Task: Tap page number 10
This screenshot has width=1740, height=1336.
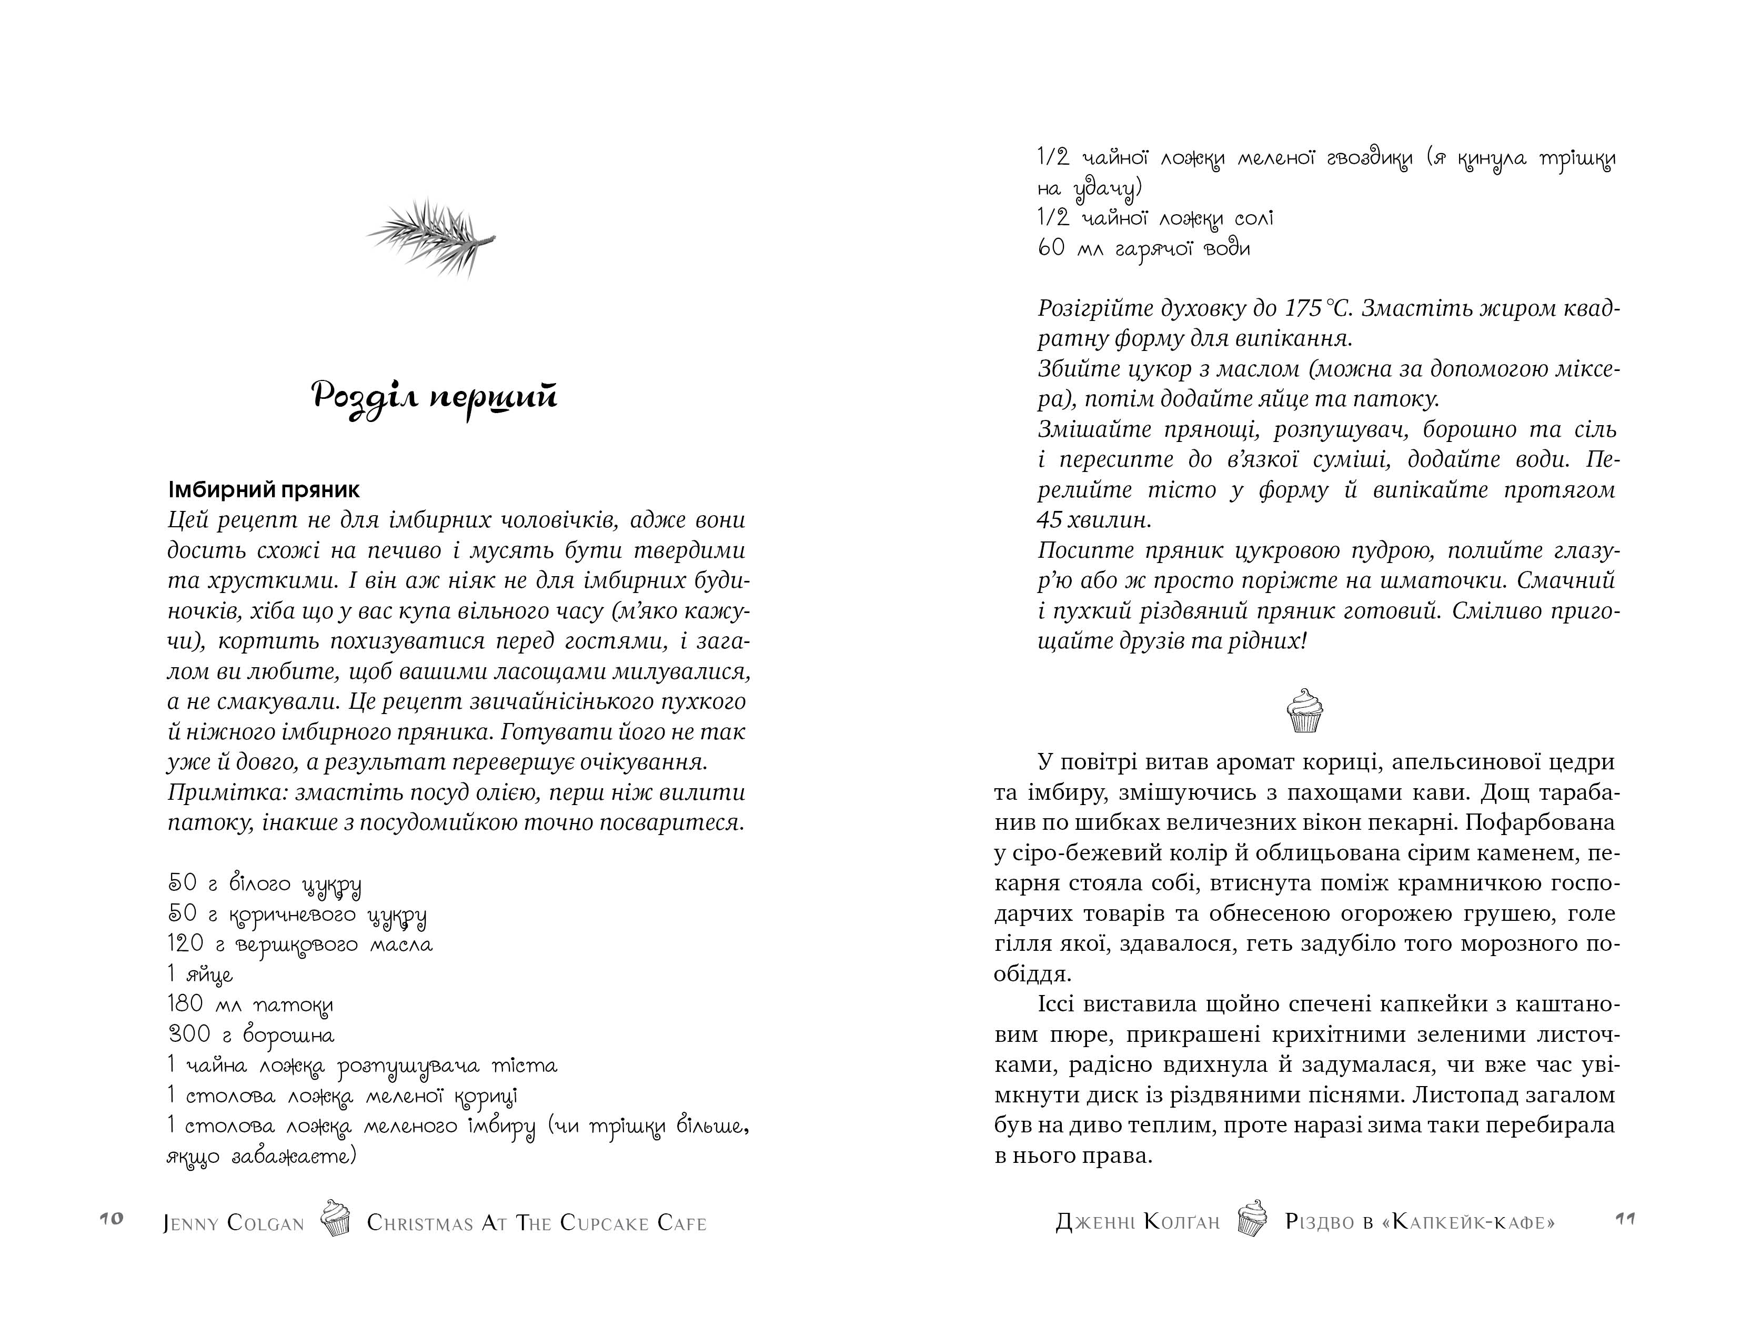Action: pyautogui.click(x=112, y=1219)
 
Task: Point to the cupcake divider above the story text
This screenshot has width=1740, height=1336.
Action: pyautogui.click(x=1304, y=710)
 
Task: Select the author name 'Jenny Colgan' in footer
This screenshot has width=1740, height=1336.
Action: pyautogui.click(x=234, y=1223)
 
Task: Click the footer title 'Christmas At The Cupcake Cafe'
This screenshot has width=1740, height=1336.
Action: pyautogui.click(x=537, y=1223)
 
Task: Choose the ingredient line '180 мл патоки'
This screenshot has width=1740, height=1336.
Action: pyautogui.click(x=250, y=1005)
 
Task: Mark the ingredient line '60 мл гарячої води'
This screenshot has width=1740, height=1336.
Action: pyautogui.click(x=1143, y=248)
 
